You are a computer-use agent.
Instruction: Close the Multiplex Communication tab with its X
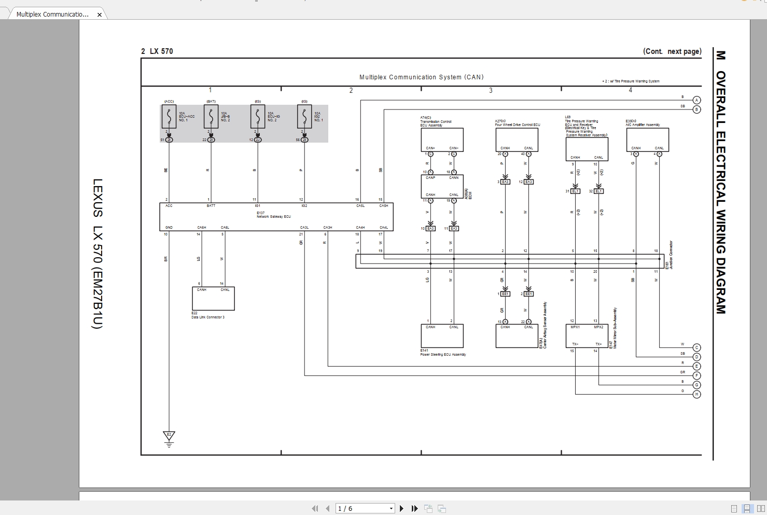[x=100, y=15]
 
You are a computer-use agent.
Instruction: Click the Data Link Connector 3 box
[x=213, y=299]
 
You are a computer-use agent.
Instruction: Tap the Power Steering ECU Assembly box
[x=442, y=336]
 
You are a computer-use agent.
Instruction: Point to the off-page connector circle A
[x=696, y=100]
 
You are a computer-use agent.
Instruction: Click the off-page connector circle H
[x=696, y=394]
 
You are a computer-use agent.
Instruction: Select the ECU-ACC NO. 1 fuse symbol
[x=169, y=117]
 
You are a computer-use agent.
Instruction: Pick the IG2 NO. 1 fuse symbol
[x=304, y=117]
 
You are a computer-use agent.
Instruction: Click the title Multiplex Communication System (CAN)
[x=421, y=77]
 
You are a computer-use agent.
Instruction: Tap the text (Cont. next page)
[x=672, y=51]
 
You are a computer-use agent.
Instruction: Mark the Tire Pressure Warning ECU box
[x=587, y=149]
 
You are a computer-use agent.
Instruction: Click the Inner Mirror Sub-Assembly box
[x=587, y=336]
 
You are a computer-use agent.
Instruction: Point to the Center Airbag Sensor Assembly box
[x=517, y=336]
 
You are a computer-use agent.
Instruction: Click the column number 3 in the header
[x=491, y=91]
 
